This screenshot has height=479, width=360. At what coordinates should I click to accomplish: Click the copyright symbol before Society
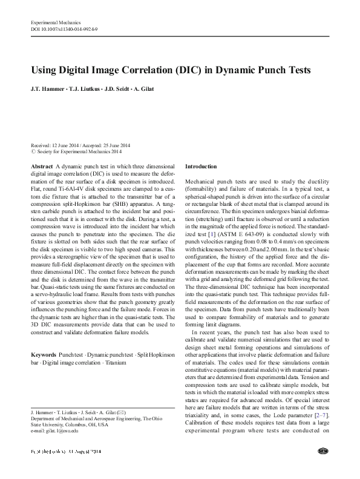[33, 153]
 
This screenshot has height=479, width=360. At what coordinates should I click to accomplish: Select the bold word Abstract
[41, 166]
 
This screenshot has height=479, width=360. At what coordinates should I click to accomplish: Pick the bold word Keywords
[43, 354]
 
